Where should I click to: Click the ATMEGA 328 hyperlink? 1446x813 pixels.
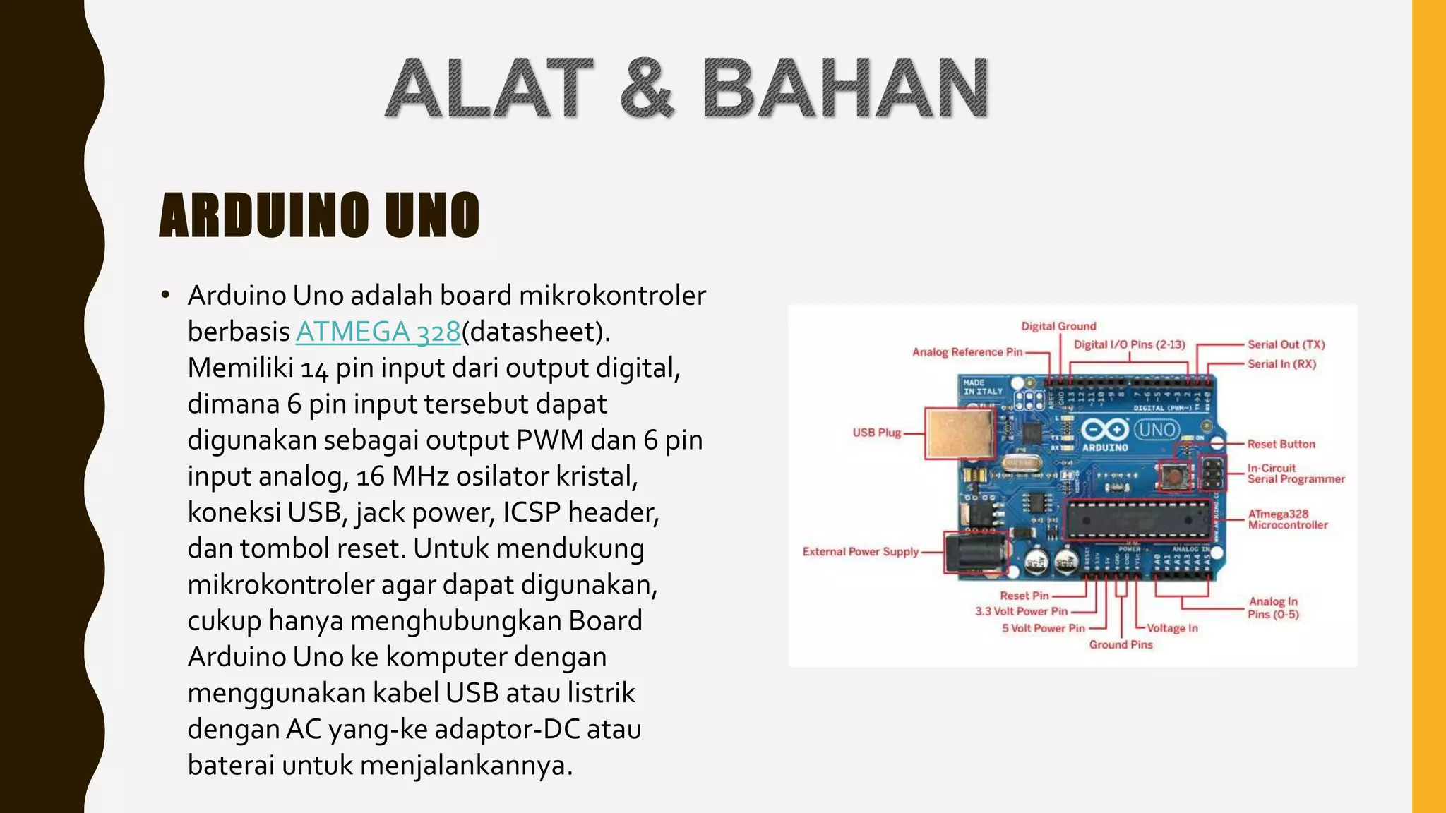point(378,332)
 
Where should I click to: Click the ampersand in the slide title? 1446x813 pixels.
point(647,89)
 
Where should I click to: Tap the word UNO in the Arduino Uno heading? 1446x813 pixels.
point(432,215)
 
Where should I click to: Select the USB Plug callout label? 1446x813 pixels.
point(876,433)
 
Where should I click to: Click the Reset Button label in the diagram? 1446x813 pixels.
point(1281,444)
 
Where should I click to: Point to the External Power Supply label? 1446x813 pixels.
point(860,552)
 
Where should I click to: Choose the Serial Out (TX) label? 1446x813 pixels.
point(1286,344)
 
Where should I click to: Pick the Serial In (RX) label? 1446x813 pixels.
point(1281,364)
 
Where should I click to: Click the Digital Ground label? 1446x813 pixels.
point(1058,326)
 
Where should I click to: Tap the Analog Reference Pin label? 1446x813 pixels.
point(967,352)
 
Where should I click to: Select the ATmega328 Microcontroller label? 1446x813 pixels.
point(1287,519)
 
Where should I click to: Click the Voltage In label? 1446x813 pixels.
point(1172,628)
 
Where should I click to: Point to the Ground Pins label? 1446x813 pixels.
point(1121,644)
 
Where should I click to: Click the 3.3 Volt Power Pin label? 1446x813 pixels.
point(1021,611)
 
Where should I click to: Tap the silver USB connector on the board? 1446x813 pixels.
point(960,433)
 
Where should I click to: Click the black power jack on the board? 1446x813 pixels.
point(976,553)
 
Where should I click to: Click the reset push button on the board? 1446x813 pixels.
point(1173,476)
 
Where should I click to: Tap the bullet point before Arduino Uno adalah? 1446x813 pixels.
point(165,295)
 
